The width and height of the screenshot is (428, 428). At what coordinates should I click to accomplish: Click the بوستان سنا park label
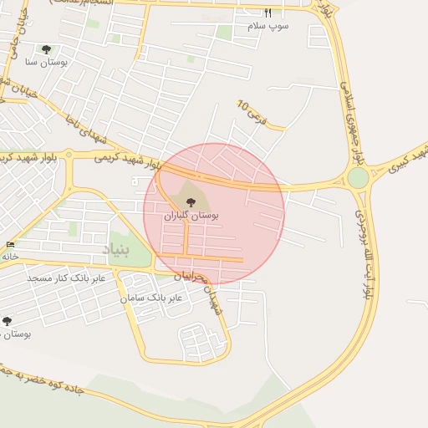pyautogui.click(x=47, y=62)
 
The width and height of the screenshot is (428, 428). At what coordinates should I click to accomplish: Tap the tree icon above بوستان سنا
pyautogui.click(x=45, y=49)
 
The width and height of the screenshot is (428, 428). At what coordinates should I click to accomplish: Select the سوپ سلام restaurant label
pyautogui.click(x=267, y=26)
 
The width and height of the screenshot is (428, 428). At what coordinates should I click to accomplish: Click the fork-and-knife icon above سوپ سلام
pyautogui.click(x=267, y=13)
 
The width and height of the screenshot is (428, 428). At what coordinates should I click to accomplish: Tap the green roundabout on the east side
pyautogui.click(x=358, y=178)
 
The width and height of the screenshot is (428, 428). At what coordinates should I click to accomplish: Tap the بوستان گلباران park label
pyautogui.click(x=191, y=216)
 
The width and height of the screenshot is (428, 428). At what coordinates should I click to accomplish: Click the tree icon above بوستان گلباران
pyautogui.click(x=191, y=202)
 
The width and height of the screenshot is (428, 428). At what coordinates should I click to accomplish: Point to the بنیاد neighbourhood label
pyautogui.click(x=116, y=249)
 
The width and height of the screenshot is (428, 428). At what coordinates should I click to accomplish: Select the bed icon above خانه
pyautogui.click(x=10, y=245)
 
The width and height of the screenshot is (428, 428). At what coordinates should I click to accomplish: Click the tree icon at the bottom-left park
pyautogui.click(x=8, y=321)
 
